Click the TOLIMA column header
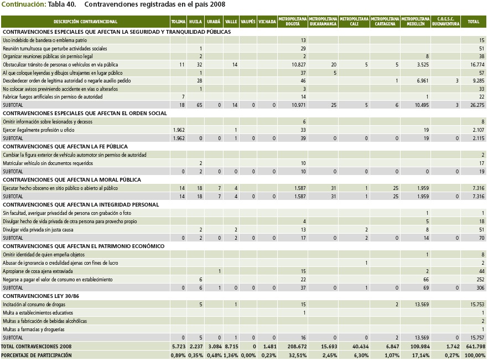(x=178, y=22)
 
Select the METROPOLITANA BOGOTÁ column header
(x=293, y=22)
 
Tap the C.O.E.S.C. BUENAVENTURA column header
(x=445, y=22)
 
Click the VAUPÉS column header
(x=249, y=22)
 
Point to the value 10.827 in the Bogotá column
(x=299, y=65)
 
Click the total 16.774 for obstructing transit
(x=477, y=65)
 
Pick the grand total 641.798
(x=476, y=346)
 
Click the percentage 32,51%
(x=297, y=355)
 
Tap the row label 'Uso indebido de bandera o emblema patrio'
(x=45, y=40)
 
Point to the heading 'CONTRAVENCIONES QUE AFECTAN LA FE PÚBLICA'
(x=65, y=147)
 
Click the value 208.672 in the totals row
(x=297, y=346)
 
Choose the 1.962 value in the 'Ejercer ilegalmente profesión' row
(x=178, y=130)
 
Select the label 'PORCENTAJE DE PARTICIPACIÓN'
(x=37, y=355)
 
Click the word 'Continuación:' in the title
(x=23, y=4)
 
